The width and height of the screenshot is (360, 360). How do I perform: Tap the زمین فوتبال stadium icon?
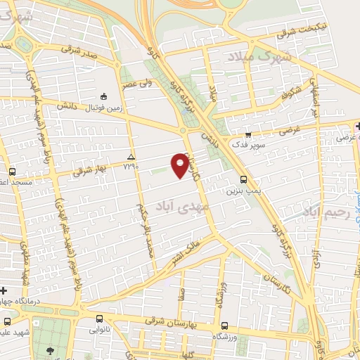pos(104,97)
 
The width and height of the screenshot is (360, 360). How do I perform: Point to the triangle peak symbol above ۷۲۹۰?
pos(131,156)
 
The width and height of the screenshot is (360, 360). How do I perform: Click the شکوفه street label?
pos(290,92)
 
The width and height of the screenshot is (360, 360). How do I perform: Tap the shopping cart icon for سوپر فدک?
pos(247,134)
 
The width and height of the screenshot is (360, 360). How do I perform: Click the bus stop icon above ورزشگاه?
pos(224,326)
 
